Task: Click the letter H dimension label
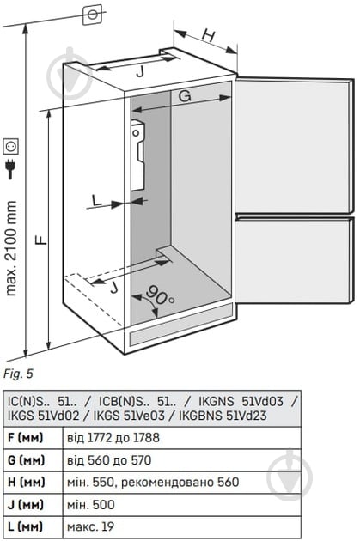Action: tap(209, 35)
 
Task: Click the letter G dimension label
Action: tap(186, 95)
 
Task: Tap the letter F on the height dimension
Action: tap(41, 240)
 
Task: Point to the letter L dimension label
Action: tap(97, 200)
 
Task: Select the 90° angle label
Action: tap(160, 295)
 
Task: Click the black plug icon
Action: tap(10, 169)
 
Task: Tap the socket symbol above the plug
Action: tap(10, 146)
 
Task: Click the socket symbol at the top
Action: tap(93, 15)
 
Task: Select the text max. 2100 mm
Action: tap(10, 248)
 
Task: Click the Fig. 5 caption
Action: tap(18, 374)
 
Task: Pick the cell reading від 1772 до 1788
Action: tap(113, 438)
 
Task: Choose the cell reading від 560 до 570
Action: tap(109, 460)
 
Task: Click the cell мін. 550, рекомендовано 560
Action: tap(153, 483)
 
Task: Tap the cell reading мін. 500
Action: tap(91, 505)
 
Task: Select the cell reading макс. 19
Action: tap(90, 527)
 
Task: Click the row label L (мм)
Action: tap(26, 527)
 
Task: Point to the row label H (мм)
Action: tap(27, 483)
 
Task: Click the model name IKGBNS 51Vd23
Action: tap(223, 416)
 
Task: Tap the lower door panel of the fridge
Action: tap(294, 258)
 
